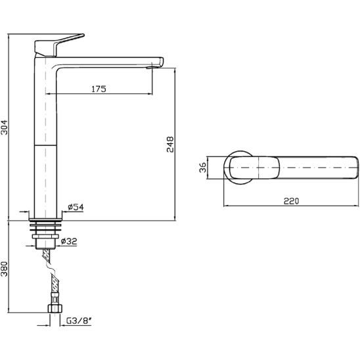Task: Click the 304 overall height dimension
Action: pyautogui.click(x=4, y=127)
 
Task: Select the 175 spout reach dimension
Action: pyautogui.click(x=99, y=89)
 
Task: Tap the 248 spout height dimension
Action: pyautogui.click(x=170, y=145)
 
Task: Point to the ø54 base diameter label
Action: pyautogui.click(x=76, y=207)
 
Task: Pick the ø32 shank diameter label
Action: pyautogui.click(x=69, y=241)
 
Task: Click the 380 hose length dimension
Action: pyautogui.click(x=4, y=269)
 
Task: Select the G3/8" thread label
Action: pyautogui.click(x=79, y=321)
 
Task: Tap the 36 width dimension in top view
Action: pyautogui.click(x=203, y=168)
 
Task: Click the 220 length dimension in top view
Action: pyautogui.click(x=292, y=201)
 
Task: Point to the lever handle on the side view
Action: pyautogui.click(x=57, y=45)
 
